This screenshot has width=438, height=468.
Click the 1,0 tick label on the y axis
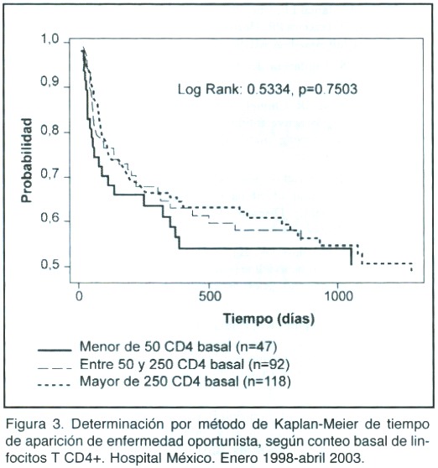pos(50,39)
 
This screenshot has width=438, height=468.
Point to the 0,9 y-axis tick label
pos(50,83)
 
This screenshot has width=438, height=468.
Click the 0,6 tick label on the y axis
pos(50,218)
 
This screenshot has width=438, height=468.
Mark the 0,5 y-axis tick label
pos(50,264)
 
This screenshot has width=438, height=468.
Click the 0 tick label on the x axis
pos(79,296)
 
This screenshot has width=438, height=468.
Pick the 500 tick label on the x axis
pos(211,296)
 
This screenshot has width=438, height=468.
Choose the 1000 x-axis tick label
pos(339,296)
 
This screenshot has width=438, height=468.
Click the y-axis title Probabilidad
pos(27,160)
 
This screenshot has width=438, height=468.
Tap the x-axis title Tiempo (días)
pos(269,319)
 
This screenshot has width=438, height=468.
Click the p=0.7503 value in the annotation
pos(328,89)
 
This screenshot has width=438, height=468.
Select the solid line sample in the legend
pos(55,350)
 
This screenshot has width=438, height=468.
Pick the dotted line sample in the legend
pos(55,384)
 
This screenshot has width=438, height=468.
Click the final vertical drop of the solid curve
pos(351,257)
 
